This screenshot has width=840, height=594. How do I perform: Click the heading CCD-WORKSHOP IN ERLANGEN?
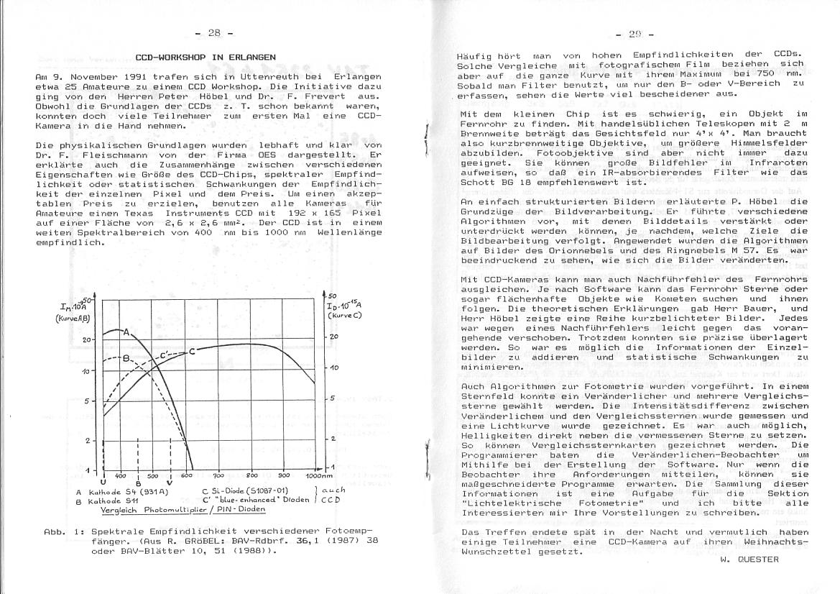click(206, 57)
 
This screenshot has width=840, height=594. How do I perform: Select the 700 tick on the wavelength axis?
click(219, 476)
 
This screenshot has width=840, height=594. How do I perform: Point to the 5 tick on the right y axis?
click(333, 398)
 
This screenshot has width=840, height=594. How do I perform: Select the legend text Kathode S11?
click(111, 500)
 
